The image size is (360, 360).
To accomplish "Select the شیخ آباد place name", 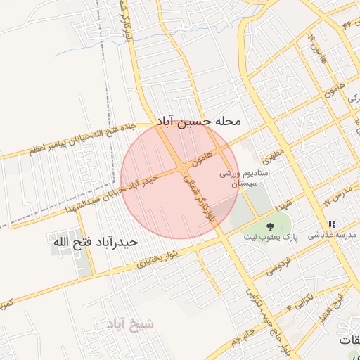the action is pos(129,323).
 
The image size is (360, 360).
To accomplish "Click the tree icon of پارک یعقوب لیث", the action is pos(270,226).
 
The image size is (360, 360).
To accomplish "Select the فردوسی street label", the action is pos(276,269).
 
